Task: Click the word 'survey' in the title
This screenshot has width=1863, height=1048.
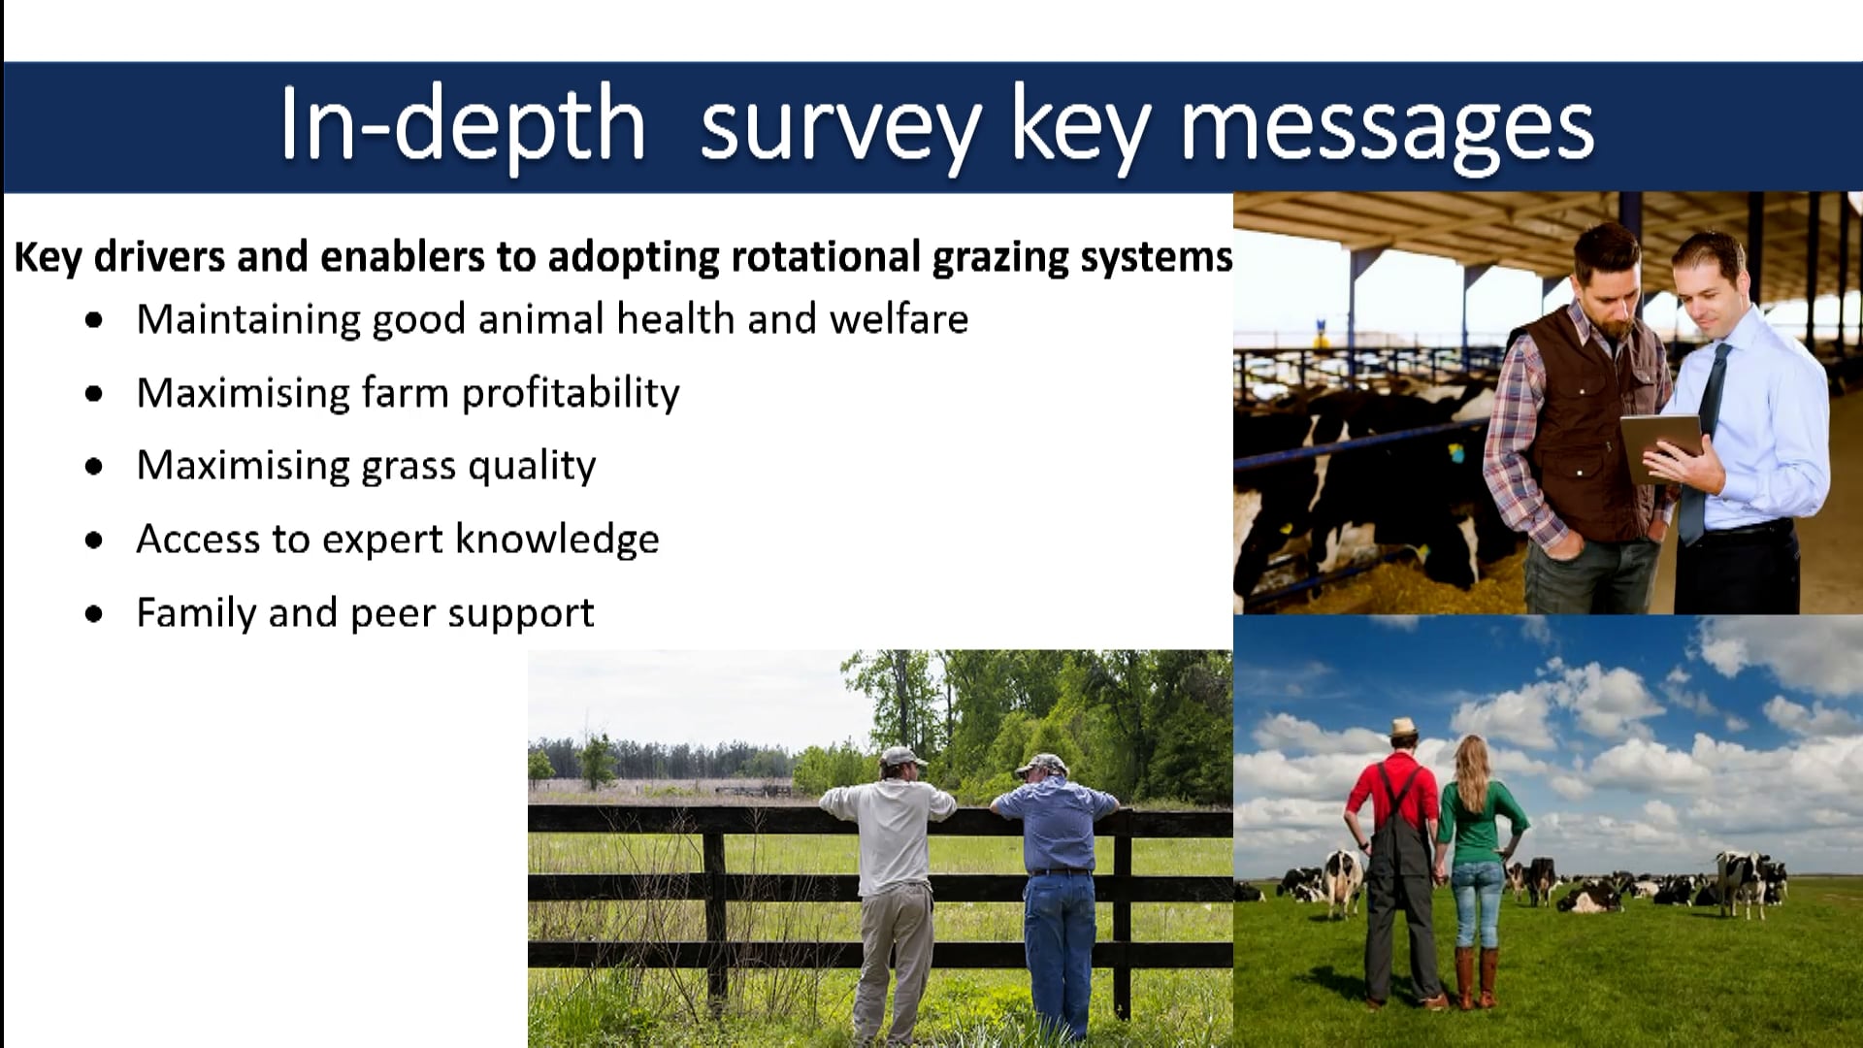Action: point(840,130)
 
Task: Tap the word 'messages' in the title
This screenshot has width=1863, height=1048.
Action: point(1388,130)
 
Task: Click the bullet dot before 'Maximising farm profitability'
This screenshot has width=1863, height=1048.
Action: point(94,394)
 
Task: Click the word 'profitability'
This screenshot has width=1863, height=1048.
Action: point(571,394)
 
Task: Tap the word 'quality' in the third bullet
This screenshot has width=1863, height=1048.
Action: point(532,467)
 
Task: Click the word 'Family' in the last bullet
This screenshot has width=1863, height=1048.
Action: point(195,613)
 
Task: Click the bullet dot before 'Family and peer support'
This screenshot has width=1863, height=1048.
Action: point(94,614)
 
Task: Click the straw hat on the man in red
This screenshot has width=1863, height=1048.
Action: point(1402,729)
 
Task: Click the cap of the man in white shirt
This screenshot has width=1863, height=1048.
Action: point(903,756)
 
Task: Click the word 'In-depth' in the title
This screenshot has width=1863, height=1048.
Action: point(463,126)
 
